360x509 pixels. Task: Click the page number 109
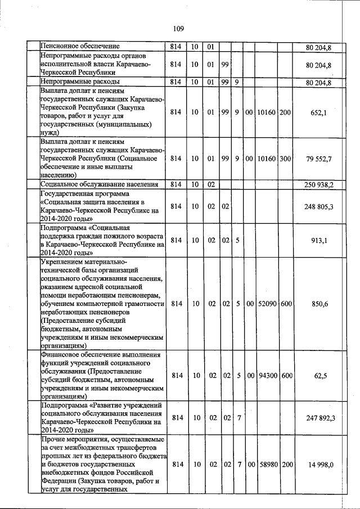click(x=179, y=29)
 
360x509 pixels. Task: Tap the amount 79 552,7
click(x=318, y=159)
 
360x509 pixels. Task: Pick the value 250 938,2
click(x=319, y=184)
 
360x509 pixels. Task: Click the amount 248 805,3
click(x=319, y=207)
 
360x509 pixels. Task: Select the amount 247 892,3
click(x=319, y=417)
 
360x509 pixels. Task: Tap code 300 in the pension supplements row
click(x=285, y=159)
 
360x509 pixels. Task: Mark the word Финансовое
click(x=61, y=355)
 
